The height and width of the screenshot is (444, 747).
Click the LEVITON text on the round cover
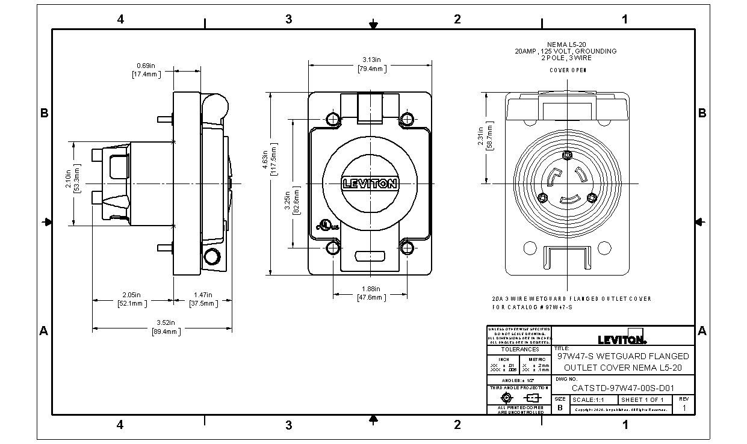(x=369, y=183)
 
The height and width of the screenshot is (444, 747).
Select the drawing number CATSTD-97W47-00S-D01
(x=622, y=387)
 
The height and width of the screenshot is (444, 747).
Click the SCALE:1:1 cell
(x=588, y=400)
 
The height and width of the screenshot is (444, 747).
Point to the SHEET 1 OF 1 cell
(x=642, y=400)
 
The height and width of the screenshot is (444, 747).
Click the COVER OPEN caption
(x=568, y=70)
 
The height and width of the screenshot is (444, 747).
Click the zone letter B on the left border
(x=44, y=113)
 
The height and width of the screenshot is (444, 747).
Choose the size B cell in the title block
(x=560, y=407)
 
